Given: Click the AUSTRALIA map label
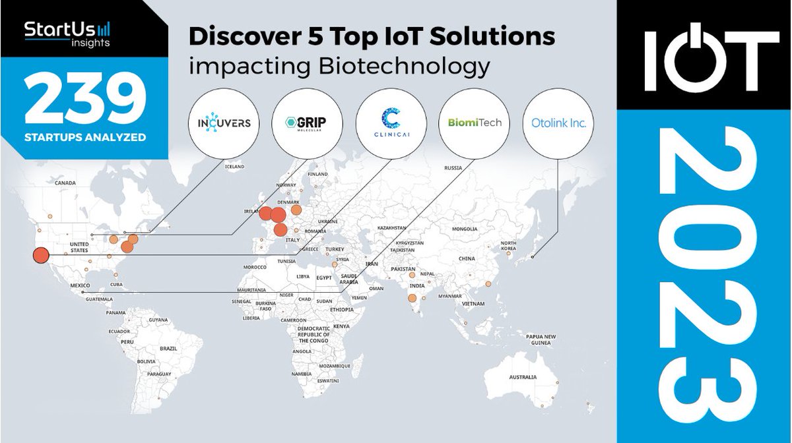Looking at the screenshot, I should click(522, 378).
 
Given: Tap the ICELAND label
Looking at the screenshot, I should click(234, 167).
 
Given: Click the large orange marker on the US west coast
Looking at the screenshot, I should click(40, 256).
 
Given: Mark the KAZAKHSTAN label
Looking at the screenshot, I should click(391, 228).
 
